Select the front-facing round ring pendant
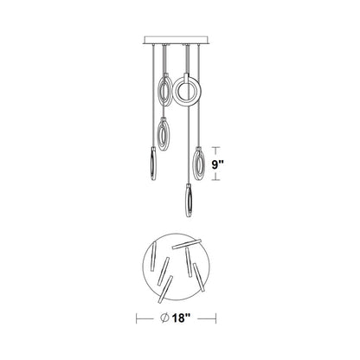pyautogui.click(x=187, y=92)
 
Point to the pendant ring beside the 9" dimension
pyautogui.click(x=198, y=162)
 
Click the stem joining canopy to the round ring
pyautogui.click(x=184, y=61)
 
